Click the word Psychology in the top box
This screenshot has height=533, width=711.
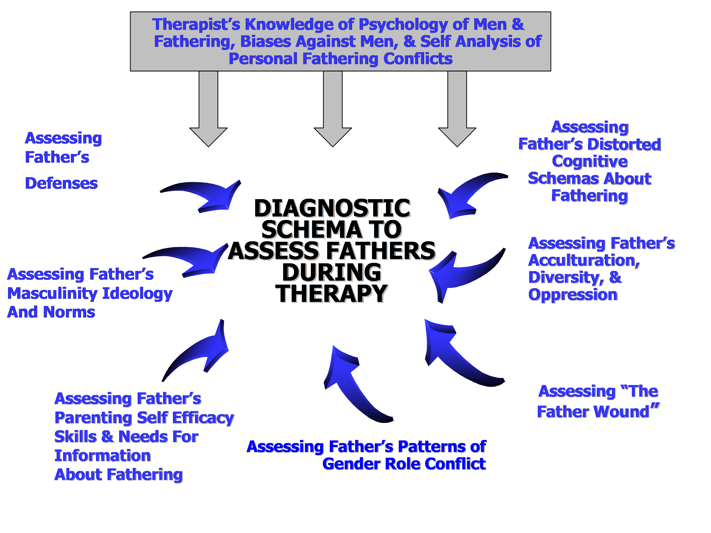point(403,24)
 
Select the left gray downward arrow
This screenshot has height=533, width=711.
point(208,109)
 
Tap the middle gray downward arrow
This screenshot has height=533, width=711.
point(333,109)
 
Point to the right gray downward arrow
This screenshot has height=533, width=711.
point(457,109)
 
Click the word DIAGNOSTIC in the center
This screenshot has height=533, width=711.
point(332,208)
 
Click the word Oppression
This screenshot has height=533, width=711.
point(573,295)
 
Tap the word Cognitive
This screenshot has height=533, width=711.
point(590,161)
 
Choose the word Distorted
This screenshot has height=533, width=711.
point(624,144)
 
